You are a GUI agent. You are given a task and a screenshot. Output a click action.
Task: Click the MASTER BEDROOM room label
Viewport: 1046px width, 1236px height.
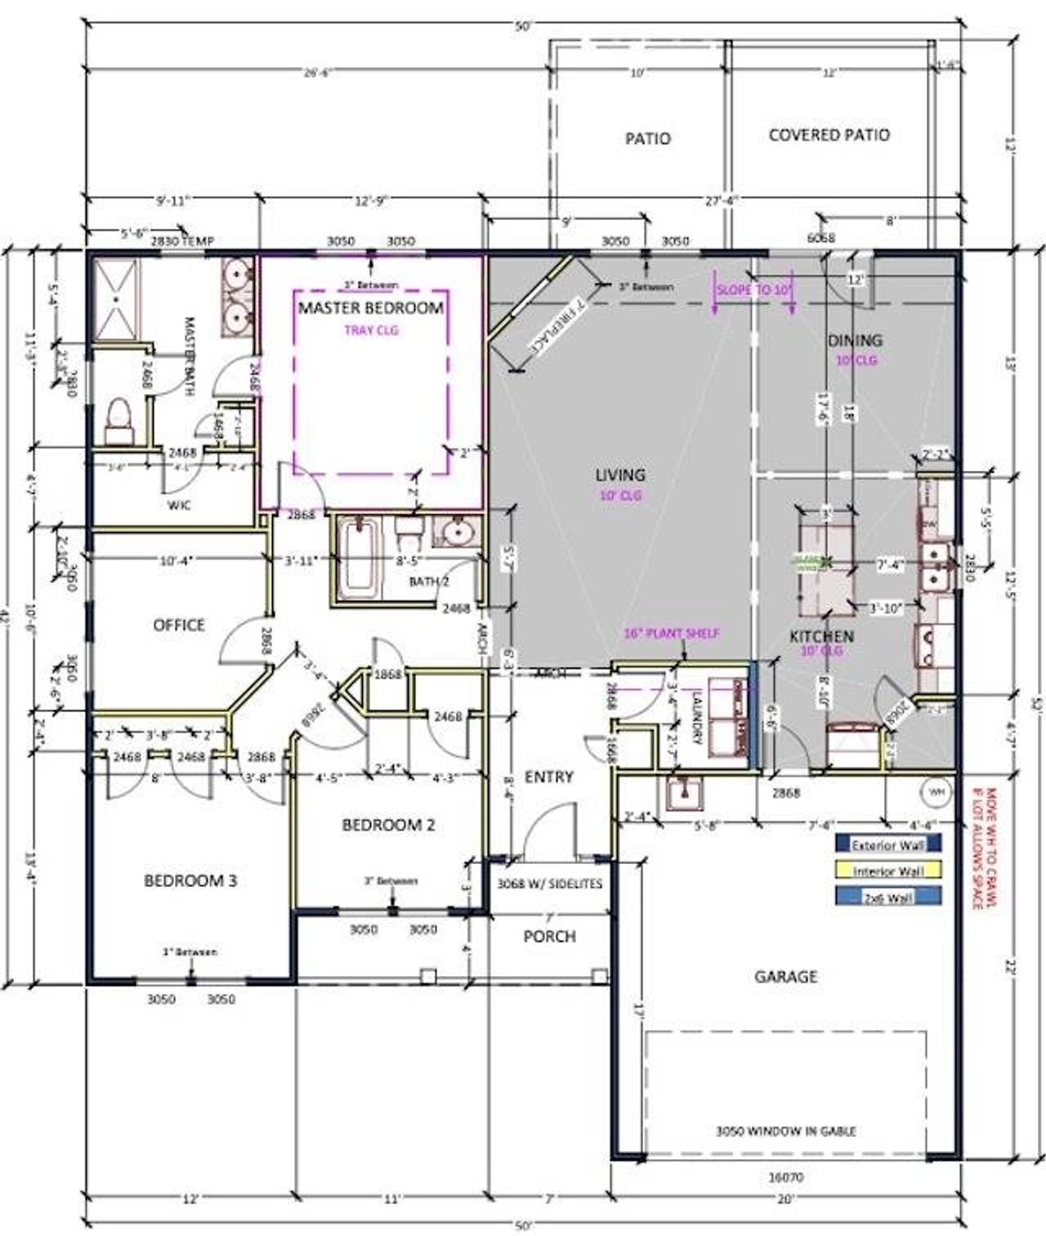point(370,308)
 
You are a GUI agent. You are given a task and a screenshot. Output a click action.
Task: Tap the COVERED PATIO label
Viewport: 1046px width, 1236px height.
point(829,135)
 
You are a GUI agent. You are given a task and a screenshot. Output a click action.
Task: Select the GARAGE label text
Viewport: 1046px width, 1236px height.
point(785,976)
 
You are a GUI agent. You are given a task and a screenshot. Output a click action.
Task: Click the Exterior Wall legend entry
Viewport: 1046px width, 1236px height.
point(888,844)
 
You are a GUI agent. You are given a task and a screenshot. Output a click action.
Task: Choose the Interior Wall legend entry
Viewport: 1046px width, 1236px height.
point(888,871)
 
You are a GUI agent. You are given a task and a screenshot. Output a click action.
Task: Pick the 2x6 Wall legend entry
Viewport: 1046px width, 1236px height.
point(888,898)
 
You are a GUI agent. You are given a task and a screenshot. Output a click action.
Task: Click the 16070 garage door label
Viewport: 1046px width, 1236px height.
point(785,1178)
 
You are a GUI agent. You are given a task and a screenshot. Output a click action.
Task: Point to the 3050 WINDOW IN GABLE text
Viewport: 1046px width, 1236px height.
point(785,1131)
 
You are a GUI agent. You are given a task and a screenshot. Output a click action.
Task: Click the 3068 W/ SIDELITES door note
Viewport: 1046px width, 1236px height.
point(549,884)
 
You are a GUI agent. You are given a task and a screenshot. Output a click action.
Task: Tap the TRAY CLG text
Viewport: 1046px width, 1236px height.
point(370,330)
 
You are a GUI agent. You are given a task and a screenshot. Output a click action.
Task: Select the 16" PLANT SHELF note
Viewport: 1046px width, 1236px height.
point(672,634)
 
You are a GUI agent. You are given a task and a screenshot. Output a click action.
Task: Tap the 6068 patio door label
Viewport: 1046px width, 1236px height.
point(820,238)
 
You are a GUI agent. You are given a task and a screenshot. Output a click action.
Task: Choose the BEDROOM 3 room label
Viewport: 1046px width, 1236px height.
point(190,880)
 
